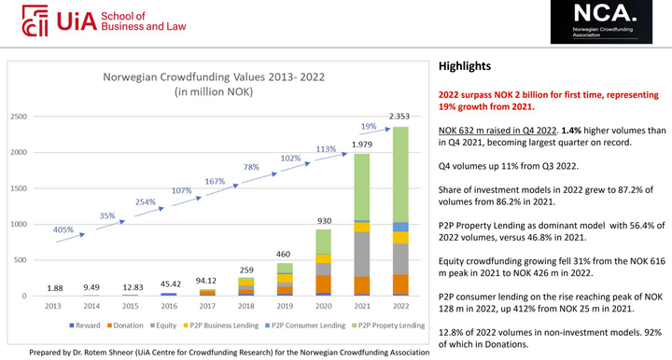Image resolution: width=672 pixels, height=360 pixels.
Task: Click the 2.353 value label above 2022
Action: pyautogui.click(x=401, y=117)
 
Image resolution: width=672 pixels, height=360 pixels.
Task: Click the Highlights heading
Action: pyautogui.click(x=465, y=66)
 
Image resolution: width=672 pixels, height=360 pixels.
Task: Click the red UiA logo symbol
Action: pyautogui.click(x=35, y=20)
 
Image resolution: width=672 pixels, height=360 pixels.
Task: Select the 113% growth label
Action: pyautogui.click(x=326, y=149)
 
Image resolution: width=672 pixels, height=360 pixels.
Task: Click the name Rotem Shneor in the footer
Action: pyautogui.click(x=122, y=352)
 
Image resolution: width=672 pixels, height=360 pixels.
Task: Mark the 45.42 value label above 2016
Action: pyautogui.click(x=170, y=283)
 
